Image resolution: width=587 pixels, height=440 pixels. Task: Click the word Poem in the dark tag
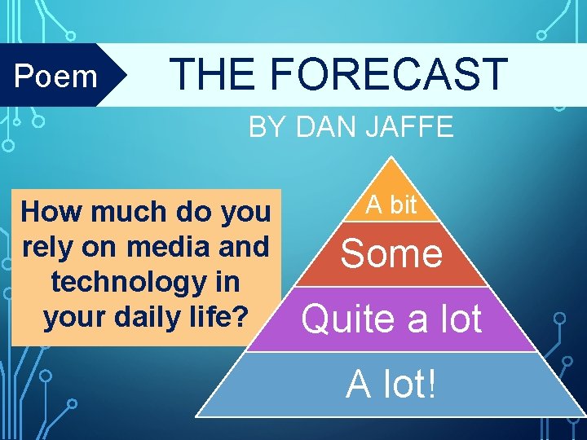coord(56,76)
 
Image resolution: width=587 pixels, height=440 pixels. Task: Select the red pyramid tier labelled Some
coord(391,253)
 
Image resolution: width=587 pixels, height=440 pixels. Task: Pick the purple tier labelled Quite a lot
coord(391,319)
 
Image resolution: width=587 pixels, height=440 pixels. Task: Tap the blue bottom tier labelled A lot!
coord(391,384)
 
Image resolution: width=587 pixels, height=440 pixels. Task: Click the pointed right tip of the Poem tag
coord(126,75)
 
